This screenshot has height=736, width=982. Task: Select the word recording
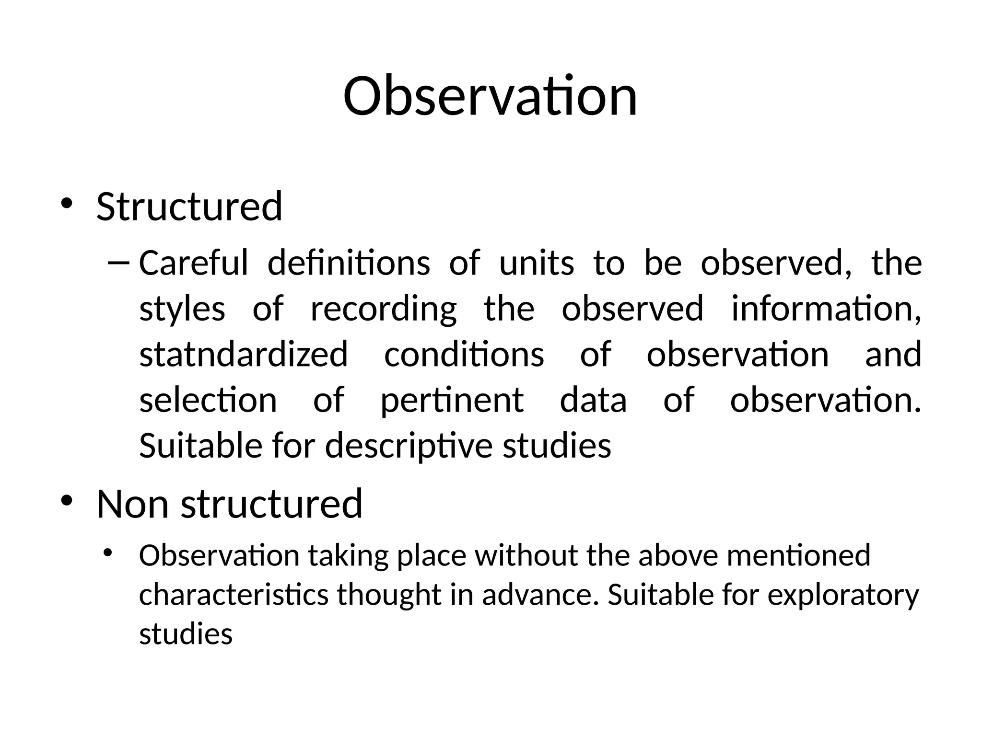pyautogui.click(x=384, y=309)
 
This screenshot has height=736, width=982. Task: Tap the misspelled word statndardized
pyautogui.click(x=244, y=354)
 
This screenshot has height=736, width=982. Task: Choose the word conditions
pyautogui.click(x=464, y=354)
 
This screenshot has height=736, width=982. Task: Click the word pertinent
pyautogui.click(x=452, y=401)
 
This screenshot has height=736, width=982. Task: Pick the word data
pyautogui.click(x=593, y=400)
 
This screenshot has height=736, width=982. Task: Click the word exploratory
pyautogui.click(x=843, y=596)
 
